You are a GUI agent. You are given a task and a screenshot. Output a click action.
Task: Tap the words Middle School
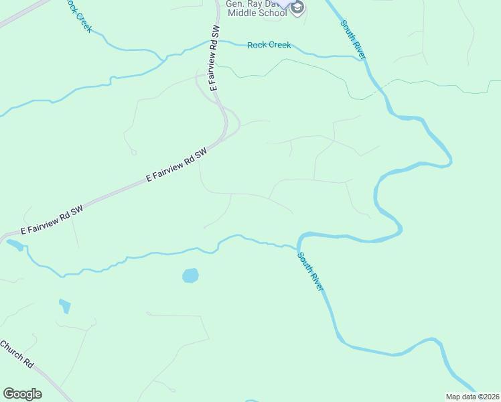[x=257, y=13]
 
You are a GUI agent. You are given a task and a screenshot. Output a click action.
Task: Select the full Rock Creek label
[x=269, y=46]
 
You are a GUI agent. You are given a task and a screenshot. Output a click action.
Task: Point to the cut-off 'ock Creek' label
[x=79, y=15]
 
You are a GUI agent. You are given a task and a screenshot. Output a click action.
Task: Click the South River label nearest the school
[x=353, y=40]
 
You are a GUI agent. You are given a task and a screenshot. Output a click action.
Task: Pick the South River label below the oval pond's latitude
[x=311, y=271]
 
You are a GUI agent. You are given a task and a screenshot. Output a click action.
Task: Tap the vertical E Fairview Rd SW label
[x=214, y=59]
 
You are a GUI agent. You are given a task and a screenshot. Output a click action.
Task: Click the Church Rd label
[x=16, y=353]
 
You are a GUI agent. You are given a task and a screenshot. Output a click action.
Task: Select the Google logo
[x=22, y=393]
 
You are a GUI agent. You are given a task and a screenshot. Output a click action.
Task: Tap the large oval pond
[x=190, y=275]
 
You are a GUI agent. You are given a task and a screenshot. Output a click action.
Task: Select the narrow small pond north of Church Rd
[x=65, y=306]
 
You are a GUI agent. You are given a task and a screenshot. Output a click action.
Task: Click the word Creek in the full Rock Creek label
[x=279, y=46]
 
